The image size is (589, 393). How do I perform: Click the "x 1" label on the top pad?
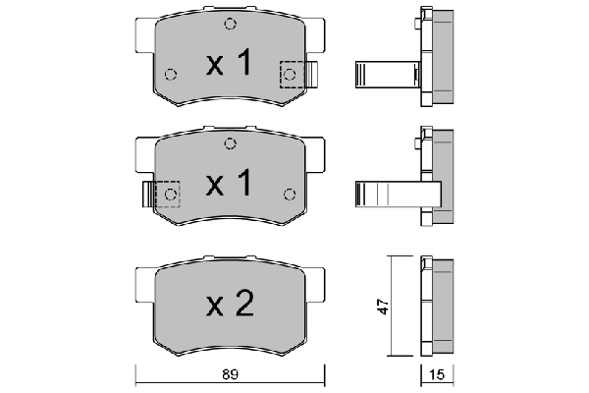[x=229, y=66]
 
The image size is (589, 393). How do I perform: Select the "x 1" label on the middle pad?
[x=229, y=183]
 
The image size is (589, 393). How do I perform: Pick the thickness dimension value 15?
[x=436, y=373]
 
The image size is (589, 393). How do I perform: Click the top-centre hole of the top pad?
[x=230, y=25]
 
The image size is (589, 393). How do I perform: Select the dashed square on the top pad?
[x=292, y=74]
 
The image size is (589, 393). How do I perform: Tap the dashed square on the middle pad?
[x=168, y=194]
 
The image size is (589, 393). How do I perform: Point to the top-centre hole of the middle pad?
[x=230, y=143]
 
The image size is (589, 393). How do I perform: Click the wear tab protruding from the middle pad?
[x=147, y=194]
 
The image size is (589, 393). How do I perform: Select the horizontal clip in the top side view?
[x=385, y=74]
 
